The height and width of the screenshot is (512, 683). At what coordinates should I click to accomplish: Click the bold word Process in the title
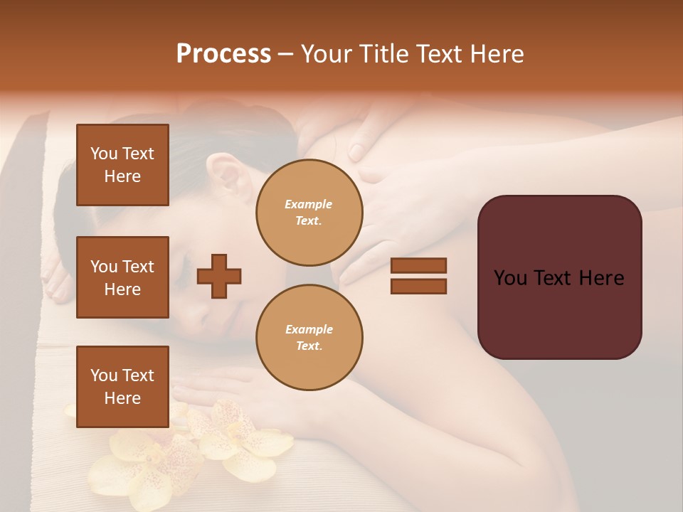(x=223, y=53)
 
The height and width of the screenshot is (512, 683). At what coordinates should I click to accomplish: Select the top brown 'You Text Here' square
(x=122, y=165)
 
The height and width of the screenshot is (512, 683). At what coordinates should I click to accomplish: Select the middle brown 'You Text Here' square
(x=122, y=277)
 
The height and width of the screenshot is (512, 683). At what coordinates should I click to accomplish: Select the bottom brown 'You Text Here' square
(x=122, y=387)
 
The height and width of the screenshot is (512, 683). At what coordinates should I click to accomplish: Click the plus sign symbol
(x=218, y=275)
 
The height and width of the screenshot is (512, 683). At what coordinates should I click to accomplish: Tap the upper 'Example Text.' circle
(x=309, y=212)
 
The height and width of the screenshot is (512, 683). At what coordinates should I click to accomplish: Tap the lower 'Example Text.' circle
(x=309, y=337)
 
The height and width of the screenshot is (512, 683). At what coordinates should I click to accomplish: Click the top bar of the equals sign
(x=418, y=265)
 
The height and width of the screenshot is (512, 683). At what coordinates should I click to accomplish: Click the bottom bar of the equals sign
(x=418, y=286)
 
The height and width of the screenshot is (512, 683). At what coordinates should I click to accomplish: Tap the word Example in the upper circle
(x=309, y=204)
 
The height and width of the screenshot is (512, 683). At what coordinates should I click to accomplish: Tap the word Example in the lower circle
(x=309, y=329)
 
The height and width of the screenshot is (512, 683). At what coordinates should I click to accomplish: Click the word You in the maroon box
(x=510, y=278)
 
